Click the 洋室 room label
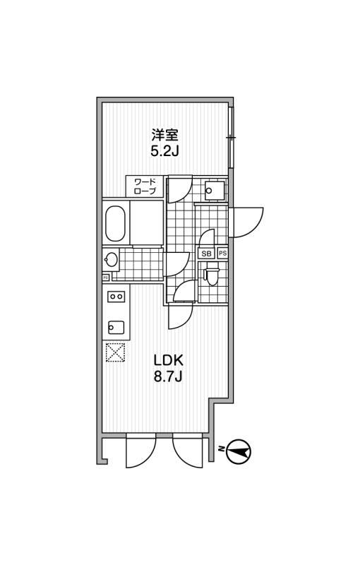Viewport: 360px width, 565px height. point(164,135)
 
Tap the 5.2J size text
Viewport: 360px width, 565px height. point(164,151)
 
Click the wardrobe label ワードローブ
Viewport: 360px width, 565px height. point(145,186)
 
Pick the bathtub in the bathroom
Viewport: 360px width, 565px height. point(115,224)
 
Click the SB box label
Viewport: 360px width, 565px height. point(207,254)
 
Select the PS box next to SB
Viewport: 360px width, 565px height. point(222,254)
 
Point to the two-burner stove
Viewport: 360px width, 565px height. point(116,296)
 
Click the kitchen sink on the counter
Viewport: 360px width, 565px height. point(116,327)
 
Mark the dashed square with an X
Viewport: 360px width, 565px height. point(115,352)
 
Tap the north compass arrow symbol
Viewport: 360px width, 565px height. point(238,451)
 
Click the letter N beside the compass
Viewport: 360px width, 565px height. point(222,449)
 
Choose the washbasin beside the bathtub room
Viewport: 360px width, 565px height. point(111,259)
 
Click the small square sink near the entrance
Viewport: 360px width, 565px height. point(215,190)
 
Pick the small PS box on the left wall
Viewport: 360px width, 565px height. point(105,278)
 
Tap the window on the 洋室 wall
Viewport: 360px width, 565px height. point(231,137)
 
